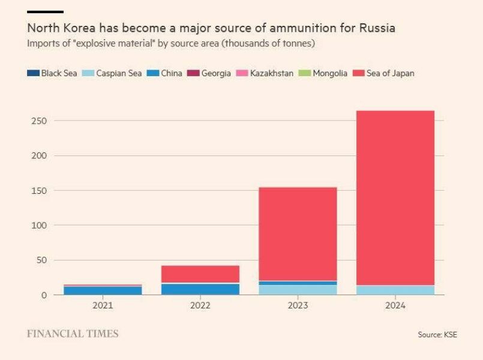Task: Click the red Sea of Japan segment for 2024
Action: click(x=395, y=197)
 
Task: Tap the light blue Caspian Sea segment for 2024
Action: click(x=395, y=290)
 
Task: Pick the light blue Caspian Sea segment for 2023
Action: click(x=298, y=290)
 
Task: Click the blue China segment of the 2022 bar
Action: click(x=200, y=289)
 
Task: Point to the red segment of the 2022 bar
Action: click(x=200, y=274)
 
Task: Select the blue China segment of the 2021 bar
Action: click(x=103, y=291)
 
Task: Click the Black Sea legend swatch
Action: click(x=33, y=73)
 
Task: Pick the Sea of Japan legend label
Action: click(x=392, y=73)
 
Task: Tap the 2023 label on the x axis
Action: click(x=298, y=305)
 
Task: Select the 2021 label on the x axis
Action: click(x=103, y=305)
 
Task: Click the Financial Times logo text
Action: click(x=73, y=334)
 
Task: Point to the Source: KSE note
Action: click(x=437, y=334)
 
